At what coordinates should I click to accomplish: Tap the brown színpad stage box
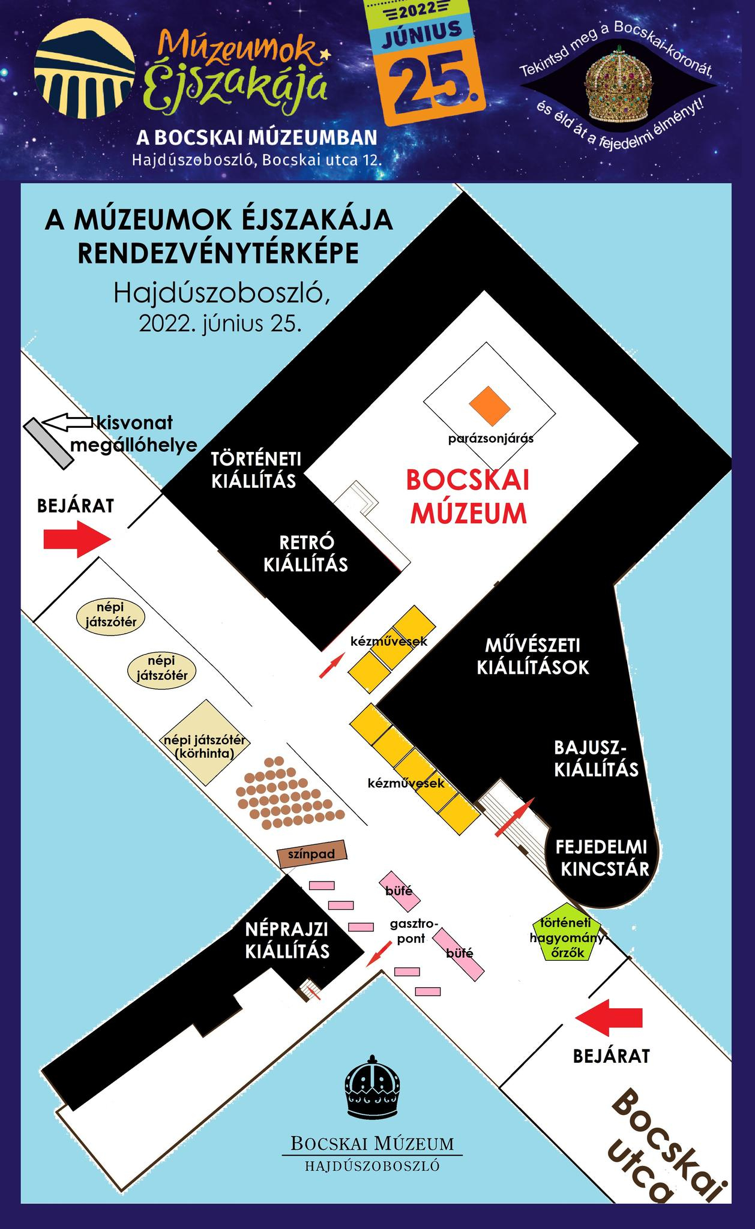(312, 853)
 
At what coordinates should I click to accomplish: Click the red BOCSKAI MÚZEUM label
(467, 497)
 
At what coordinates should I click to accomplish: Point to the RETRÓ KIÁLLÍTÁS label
(306, 553)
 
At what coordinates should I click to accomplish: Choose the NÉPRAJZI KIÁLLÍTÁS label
(287, 940)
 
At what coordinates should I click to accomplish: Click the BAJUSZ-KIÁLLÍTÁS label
(596, 759)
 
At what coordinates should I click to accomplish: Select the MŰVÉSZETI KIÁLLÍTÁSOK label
(533, 657)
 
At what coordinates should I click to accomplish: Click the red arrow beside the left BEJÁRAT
(77, 539)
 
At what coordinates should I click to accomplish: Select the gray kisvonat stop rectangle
(49, 444)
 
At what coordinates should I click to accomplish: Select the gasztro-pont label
(411, 930)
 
